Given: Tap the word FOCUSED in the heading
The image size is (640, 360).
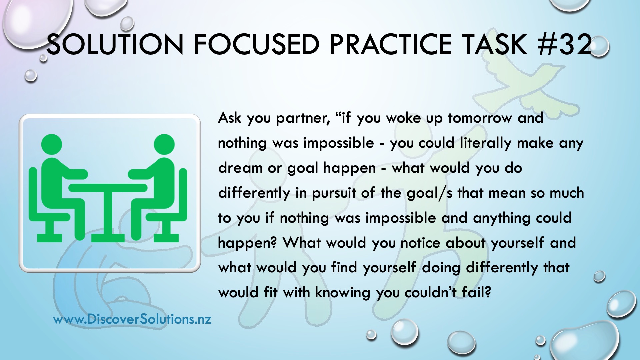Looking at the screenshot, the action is click(x=256, y=44).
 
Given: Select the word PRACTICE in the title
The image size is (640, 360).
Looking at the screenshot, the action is click(x=390, y=44).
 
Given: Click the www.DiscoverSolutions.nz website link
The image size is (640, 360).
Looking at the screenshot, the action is click(x=132, y=319).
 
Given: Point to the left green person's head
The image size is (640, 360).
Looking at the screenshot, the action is click(x=52, y=144).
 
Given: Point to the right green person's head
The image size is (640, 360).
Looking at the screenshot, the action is click(x=164, y=144).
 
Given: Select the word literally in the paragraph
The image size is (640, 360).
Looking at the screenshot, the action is click(x=485, y=144).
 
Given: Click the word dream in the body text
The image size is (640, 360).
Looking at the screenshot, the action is click(x=240, y=168).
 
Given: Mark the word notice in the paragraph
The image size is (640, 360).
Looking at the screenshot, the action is click(x=420, y=243).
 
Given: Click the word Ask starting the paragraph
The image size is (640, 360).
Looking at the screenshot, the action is click(x=230, y=118).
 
